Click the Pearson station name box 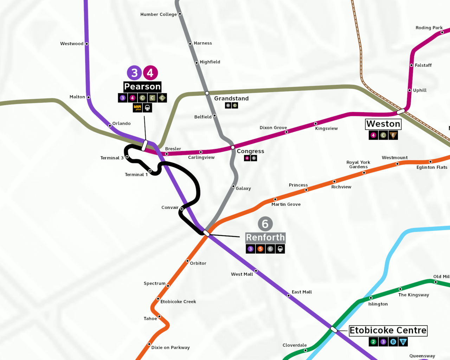pos(142,87)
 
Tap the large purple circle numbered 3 pos(134,73)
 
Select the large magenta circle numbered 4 pos(150,73)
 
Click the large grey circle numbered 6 pos(265,224)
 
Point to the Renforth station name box pos(265,238)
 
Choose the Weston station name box pos(383,124)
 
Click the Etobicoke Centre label pos(388,330)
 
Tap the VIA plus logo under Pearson pos(137,108)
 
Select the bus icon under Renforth pos(280,249)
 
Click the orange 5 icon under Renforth pos(260,249)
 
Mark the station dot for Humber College pos(180,14)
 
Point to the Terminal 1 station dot pos(150,171)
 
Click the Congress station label pos(250,151)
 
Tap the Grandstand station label pos(231,99)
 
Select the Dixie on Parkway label pos(171,348)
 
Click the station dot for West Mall pos(256,271)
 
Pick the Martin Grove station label pos(286,204)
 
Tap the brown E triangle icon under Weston pos(393,135)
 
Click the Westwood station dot pos(87,44)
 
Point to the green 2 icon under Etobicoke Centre pos(373,342)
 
